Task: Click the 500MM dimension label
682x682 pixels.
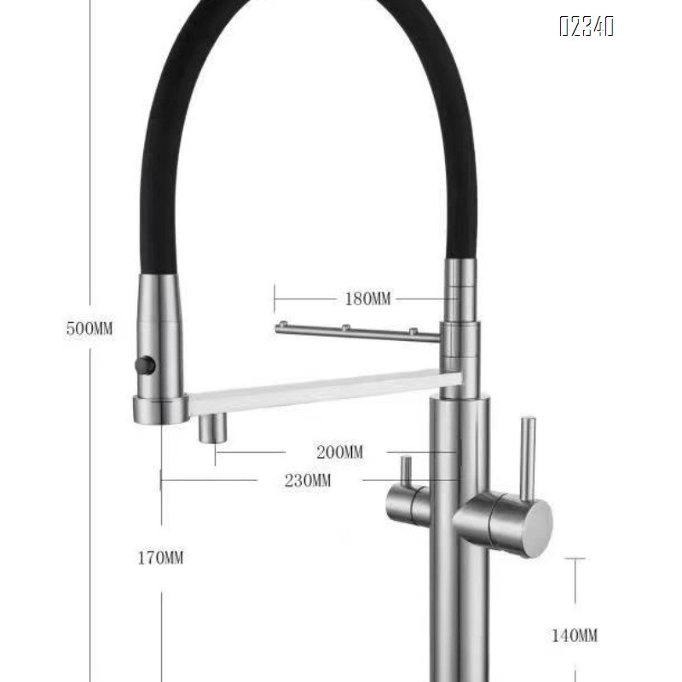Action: [x=89, y=329]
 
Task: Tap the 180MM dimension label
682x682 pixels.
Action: [x=367, y=298]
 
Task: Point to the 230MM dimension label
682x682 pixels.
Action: [x=309, y=480]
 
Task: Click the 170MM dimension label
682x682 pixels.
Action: [x=161, y=558]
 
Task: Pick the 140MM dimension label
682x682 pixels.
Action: [x=573, y=635]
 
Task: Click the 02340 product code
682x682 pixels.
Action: [x=587, y=27]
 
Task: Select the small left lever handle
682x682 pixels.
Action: [x=407, y=473]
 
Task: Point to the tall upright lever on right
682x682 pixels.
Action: [x=528, y=456]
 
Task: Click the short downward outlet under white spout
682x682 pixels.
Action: [x=213, y=427]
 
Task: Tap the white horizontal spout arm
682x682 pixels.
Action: [x=324, y=390]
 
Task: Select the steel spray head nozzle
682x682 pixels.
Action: [x=160, y=350]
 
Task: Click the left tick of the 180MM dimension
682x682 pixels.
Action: [x=275, y=298]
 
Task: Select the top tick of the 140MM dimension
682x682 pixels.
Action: [x=575, y=558]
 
